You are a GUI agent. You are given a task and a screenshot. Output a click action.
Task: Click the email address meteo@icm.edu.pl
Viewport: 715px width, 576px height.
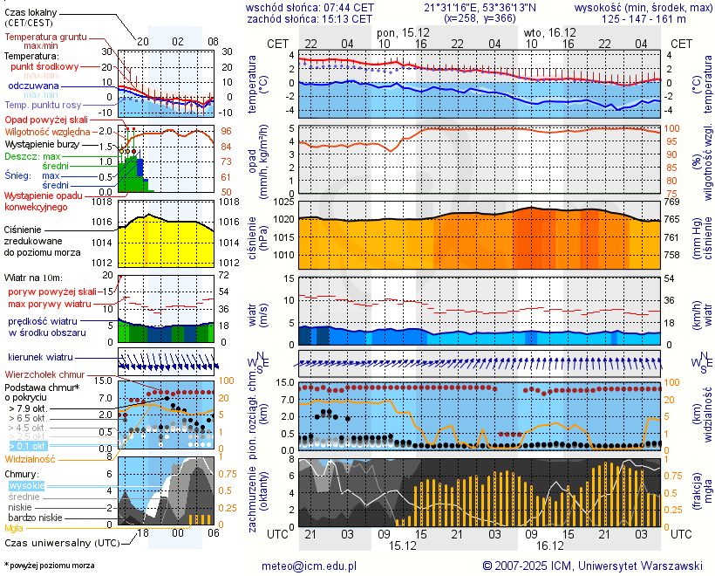point(310,566)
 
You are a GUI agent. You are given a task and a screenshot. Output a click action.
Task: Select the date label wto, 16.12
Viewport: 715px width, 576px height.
point(544,32)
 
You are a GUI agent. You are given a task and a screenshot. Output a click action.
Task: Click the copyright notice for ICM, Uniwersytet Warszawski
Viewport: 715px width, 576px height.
point(593,566)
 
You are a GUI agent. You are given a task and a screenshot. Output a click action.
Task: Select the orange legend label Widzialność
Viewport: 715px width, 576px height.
point(31,458)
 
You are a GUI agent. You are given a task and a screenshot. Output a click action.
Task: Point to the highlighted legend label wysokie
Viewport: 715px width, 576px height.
point(26,485)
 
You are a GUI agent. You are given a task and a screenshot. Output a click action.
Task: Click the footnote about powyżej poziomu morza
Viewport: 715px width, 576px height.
point(48,566)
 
